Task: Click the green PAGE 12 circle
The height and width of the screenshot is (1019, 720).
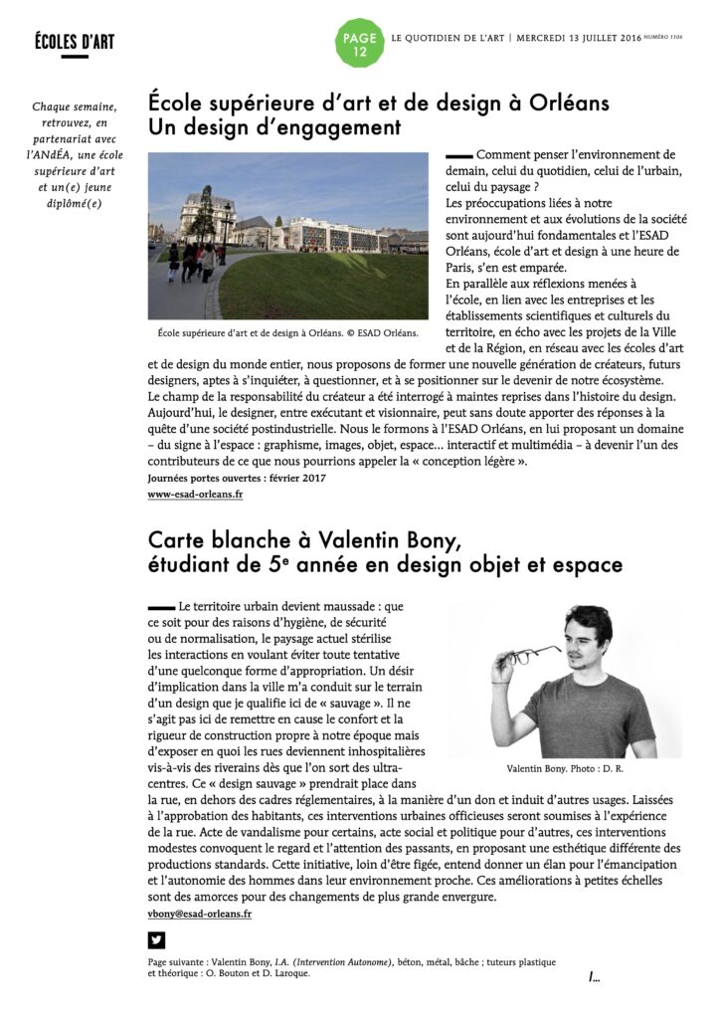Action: point(359,44)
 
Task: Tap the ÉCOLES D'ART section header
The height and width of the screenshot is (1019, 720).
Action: point(75,41)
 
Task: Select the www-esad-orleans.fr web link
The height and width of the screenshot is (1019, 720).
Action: point(195,494)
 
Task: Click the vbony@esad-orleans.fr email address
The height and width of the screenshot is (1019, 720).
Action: point(200,914)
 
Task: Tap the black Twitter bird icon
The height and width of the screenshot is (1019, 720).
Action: point(156,940)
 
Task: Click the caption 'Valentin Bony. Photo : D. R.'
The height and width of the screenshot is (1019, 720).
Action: point(564,769)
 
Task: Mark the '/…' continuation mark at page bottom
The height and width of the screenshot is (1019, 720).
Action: point(594,977)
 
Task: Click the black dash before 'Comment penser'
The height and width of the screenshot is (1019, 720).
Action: point(458,155)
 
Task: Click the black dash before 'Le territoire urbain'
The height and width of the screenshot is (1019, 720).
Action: point(160,606)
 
